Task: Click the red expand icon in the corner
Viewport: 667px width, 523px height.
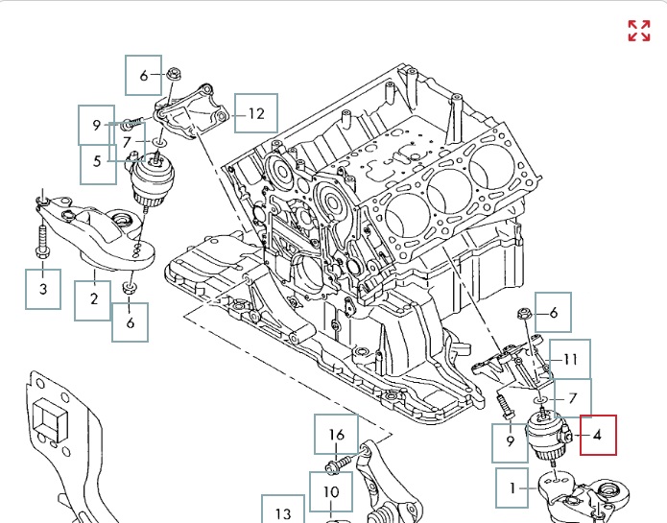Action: point(638,31)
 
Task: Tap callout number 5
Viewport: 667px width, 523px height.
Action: point(97,161)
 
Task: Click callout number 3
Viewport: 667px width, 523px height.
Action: point(43,288)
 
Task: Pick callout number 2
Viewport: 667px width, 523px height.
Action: point(94,299)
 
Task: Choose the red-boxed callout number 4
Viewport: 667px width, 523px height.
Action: point(598,435)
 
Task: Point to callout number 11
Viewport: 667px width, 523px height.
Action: point(570,361)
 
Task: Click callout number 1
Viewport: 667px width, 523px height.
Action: point(513,487)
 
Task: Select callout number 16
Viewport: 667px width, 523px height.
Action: point(336,435)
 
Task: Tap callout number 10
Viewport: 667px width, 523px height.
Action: point(330,491)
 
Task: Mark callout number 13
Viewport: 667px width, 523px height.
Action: point(282,511)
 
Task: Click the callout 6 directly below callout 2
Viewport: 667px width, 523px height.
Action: point(131,322)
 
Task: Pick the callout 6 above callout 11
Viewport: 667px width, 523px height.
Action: point(553,313)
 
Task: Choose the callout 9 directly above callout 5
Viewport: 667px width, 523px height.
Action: point(96,125)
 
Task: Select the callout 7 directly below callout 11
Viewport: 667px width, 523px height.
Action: point(572,398)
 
